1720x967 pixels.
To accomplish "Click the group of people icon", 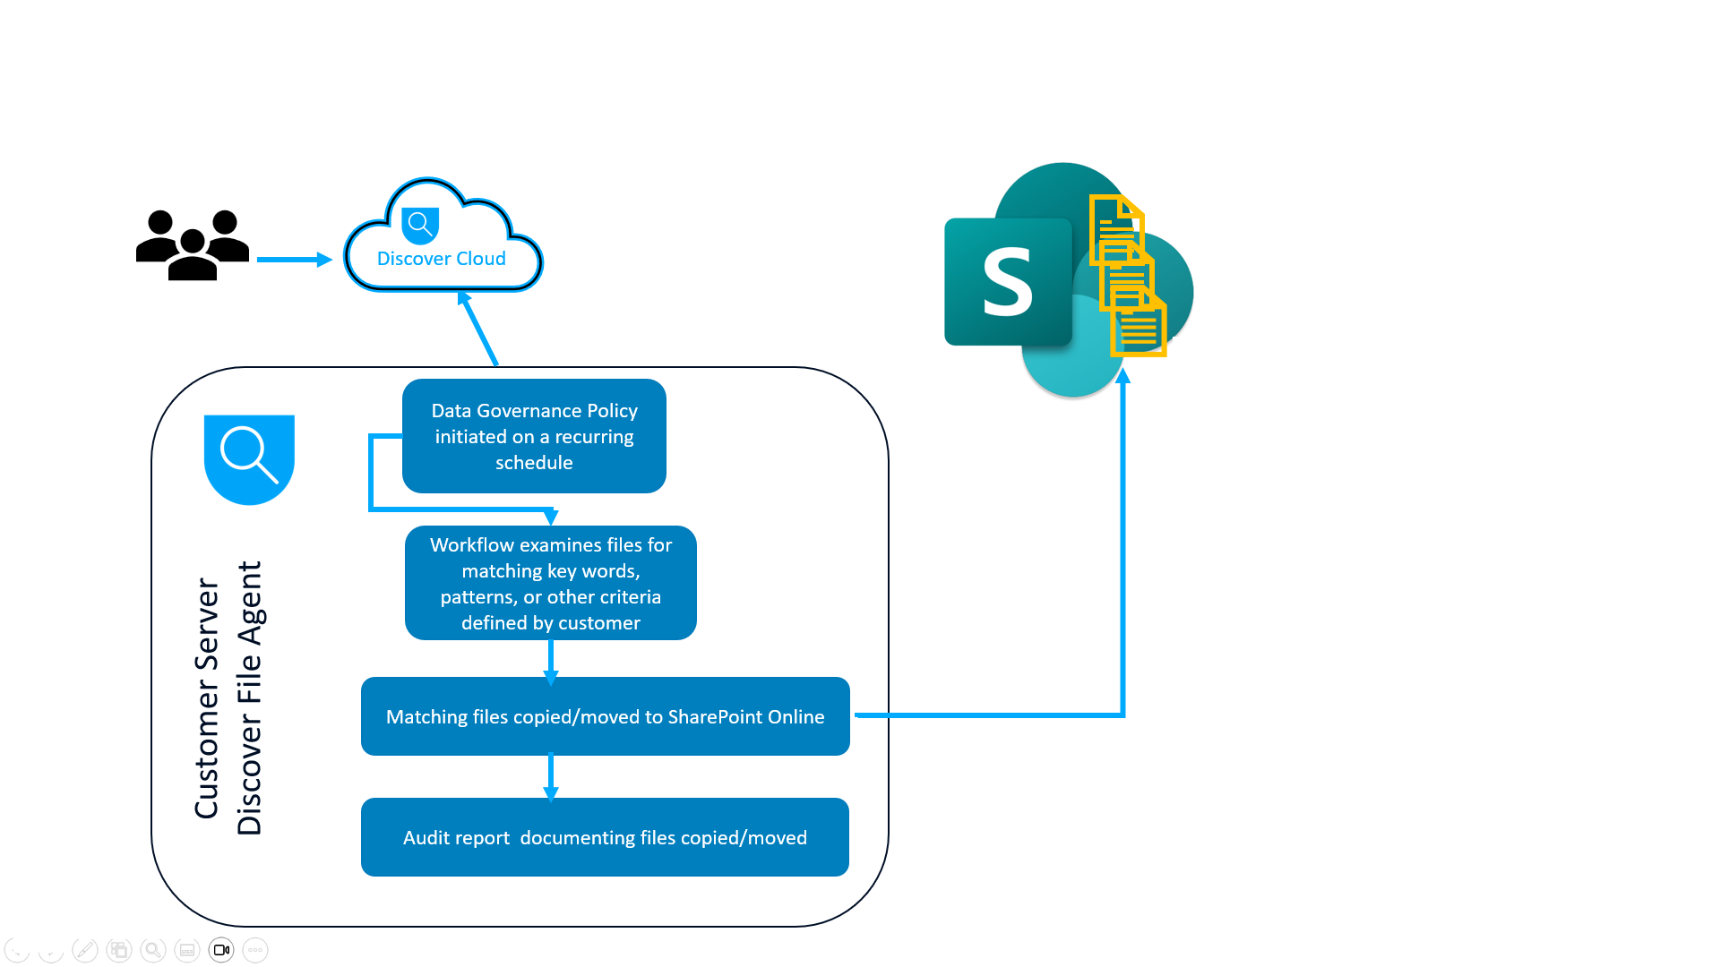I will (x=192, y=244).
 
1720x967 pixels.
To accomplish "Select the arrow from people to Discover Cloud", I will (x=294, y=260).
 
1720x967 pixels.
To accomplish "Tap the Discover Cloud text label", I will (x=441, y=259).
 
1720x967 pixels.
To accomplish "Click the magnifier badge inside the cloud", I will (x=420, y=225).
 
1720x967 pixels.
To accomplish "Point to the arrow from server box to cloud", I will (x=479, y=329).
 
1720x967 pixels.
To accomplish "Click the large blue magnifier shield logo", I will (x=249, y=458).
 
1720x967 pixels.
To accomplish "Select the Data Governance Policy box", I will (x=534, y=436).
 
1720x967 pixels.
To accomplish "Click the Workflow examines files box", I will (x=550, y=583).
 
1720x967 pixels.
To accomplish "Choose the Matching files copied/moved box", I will (x=605, y=716).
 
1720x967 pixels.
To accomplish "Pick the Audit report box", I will (x=605, y=837).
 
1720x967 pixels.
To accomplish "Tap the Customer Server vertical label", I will (x=207, y=698).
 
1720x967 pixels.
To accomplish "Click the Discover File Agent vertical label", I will (x=250, y=698).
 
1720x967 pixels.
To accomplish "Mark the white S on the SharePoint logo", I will (x=1008, y=283).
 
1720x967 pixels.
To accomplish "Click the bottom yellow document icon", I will (x=1139, y=324).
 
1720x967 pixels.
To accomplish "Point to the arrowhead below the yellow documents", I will (x=1122, y=376).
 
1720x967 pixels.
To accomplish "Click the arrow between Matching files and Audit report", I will (x=551, y=776).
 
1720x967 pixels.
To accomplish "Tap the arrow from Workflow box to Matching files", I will (x=551, y=661).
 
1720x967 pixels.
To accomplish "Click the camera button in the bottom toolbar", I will (x=221, y=950).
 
